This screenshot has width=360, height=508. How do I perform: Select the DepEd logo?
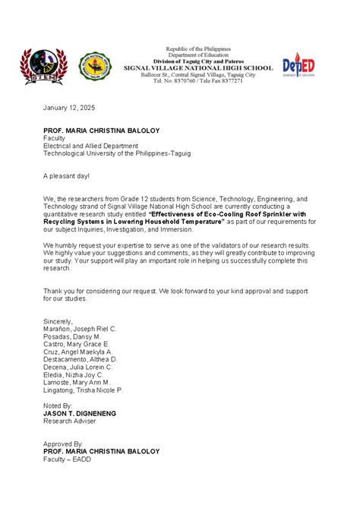click(x=298, y=67)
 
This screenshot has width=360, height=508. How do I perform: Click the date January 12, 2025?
click(x=70, y=108)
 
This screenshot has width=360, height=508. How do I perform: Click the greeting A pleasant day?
click(x=66, y=175)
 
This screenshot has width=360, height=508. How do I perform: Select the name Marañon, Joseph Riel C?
click(x=80, y=329)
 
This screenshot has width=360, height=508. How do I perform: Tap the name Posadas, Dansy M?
click(x=72, y=336)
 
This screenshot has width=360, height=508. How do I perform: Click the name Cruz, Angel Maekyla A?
click(x=78, y=352)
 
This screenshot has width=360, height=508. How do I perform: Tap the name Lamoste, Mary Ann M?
click(x=77, y=383)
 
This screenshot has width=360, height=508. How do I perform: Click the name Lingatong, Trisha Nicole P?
click(x=83, y=390)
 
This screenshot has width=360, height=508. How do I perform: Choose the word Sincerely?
click(x=58, y=321)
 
